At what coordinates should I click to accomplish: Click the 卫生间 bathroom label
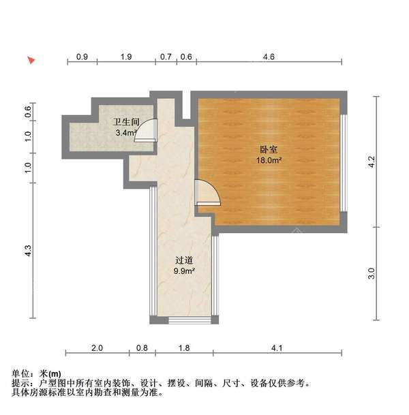coord(126,123)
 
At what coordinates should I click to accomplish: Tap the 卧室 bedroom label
coord(267,149)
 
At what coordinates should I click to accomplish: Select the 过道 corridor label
coord(185,260)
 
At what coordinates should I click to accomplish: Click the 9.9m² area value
coord(185,271)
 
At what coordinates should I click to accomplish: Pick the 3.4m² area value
coord(126,133)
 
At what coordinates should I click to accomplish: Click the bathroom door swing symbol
coord(147,131)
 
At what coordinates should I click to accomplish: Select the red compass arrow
coord(31,61)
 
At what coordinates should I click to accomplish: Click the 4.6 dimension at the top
coord(268,57)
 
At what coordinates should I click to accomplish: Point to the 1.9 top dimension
coord(126,57)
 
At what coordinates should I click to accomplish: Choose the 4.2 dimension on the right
coord(372,162)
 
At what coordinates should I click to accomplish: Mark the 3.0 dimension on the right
coord(372,273)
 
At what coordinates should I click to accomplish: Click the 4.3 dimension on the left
coord(29,251)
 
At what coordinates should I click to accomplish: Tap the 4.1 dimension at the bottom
coord(276,348)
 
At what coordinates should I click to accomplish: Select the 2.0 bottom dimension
coord(97,348)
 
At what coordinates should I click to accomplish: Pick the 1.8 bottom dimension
coord(184,348)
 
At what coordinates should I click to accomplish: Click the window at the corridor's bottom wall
coord(183,320)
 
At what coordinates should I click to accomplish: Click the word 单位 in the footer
coord(21,374)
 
